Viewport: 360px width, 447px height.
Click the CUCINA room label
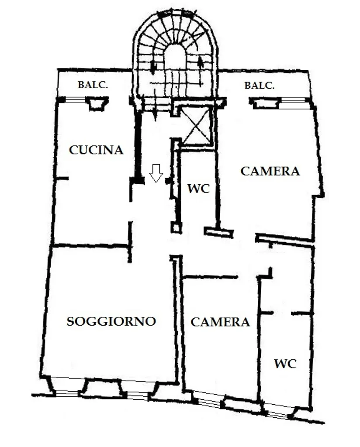click(x=96, y=150)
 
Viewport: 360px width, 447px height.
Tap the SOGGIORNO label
click(x=111, y=321)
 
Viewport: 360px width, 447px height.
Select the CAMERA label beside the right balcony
click(x=270, y=171)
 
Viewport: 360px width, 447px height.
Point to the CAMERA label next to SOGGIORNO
click(x=220, y=322)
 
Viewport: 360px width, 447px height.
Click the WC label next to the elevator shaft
click(x=198, y=189)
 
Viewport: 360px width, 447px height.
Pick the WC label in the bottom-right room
click(x=285, y=364)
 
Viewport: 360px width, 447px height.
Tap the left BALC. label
click(x=93, y=85)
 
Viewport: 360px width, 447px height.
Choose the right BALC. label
click(x=260, y=86)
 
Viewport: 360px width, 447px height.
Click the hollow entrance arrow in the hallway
click(x=156, y=173)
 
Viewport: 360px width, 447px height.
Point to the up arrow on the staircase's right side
click(x=201, y=65)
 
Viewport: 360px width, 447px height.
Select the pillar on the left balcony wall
click(x=97, y=103)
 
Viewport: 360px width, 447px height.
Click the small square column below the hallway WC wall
click(x=176, y=227)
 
